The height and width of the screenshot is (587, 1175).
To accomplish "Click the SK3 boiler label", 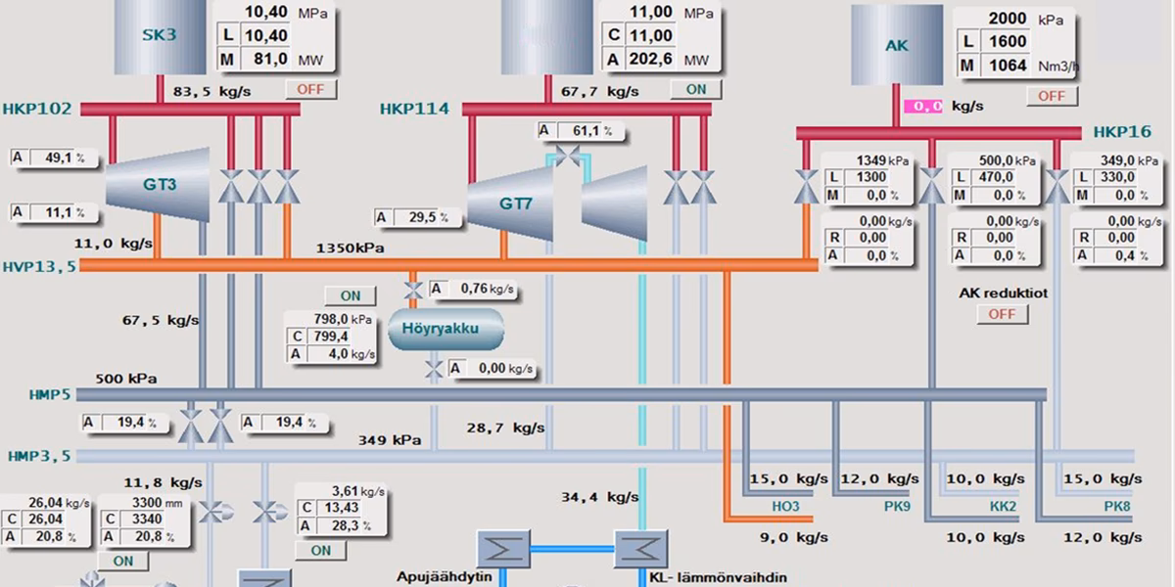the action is (x=160, y=35).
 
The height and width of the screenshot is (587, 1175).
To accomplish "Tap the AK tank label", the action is (x=897, y=46).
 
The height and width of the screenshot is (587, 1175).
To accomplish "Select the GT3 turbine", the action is (x=158, y=185).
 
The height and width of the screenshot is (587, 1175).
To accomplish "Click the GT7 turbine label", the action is (x=516, y=203).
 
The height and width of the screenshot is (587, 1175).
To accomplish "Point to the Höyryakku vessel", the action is (x=446, y=329).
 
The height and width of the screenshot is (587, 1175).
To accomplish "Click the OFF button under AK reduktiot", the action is (x=1002, y=314).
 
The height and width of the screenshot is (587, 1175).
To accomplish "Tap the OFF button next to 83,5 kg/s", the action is (x=310, y=89).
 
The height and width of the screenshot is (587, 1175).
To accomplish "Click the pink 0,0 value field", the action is (x=923, y=107).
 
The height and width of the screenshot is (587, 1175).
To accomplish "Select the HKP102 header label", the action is (x=37, y=109).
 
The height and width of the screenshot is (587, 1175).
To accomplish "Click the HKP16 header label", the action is (x=1122, y=131).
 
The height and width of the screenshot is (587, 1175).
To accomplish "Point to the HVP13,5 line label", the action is (x=39, y=267).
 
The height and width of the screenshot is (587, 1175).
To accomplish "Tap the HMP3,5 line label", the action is (x=39, y=456).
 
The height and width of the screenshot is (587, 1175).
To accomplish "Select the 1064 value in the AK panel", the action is (x=1008, y=66).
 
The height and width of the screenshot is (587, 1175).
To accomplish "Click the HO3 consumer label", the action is (x=785, y=507).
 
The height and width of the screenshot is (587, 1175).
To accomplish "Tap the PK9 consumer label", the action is (x=897, y=507).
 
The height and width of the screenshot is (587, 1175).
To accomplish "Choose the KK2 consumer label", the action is (x=1003, y=507).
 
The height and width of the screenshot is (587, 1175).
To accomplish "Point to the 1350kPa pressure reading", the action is (x=350, y=248).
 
